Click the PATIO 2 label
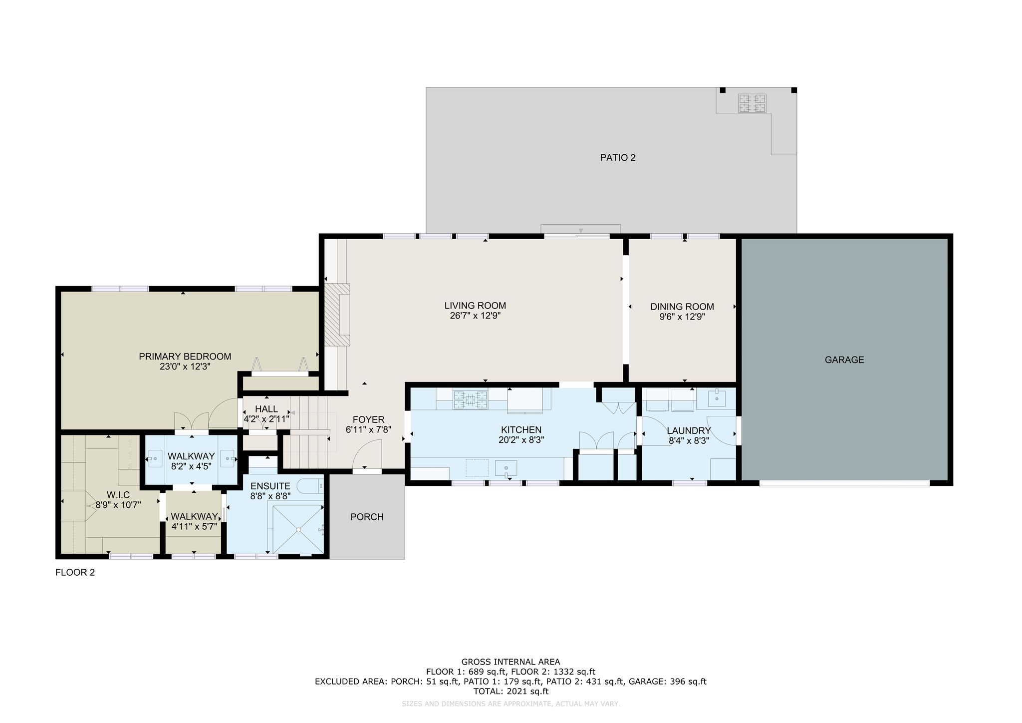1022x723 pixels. [618, 158]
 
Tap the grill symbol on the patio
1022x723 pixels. [753, 103]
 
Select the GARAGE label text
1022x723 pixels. [844, 360]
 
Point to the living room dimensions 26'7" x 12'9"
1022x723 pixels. [476, 316]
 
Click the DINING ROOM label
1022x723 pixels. [682, 307]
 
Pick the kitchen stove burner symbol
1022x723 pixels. [470, 399]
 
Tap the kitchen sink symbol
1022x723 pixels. [506, 468]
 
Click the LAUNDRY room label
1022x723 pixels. [689, 431]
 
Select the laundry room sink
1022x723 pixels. [717, 398]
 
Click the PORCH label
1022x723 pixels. [367, 517]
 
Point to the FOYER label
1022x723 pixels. [369, 420]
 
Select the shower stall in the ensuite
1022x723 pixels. [298, 530]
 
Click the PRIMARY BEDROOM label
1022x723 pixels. [185, 357]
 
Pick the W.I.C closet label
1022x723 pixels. [118, 495]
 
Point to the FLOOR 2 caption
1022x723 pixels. [75, 573]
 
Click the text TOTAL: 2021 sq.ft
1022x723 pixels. [511, 692]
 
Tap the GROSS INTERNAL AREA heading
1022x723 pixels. [511, 663]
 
